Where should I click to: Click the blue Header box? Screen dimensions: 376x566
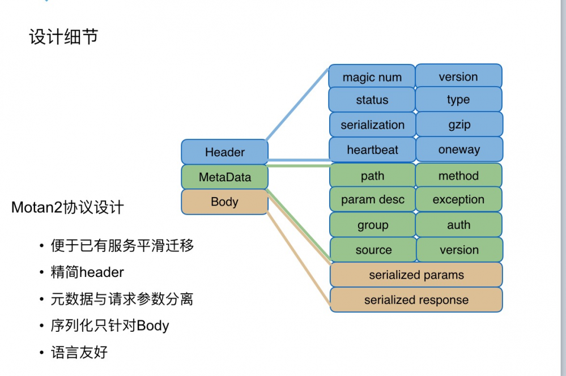[224, 152]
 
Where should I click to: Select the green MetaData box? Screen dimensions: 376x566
[224, 177]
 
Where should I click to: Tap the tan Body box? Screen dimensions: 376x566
[224, 202]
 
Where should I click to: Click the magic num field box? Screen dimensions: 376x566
[372, 77]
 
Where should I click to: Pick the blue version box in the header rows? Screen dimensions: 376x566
[458, 76]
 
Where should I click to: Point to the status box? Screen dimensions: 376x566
[372, 100]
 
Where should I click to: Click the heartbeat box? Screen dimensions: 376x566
[372, 150]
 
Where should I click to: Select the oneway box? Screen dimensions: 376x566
[459, 150]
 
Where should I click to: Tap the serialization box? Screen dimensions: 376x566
[372, 125]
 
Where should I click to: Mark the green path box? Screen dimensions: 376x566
[372, 176]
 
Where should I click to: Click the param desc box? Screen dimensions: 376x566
[372, 200]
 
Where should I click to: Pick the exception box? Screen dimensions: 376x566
[458, 200]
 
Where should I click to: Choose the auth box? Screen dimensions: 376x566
[458, 225]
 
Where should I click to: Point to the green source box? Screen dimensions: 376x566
[373, 250]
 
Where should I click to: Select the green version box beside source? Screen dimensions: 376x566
[459, 250]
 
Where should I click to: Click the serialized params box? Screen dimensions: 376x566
[416, 275]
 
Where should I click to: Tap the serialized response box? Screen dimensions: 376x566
[416, 300]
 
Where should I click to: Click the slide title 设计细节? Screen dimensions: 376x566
[63, 37]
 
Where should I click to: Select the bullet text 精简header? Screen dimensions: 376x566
[87, 272]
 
